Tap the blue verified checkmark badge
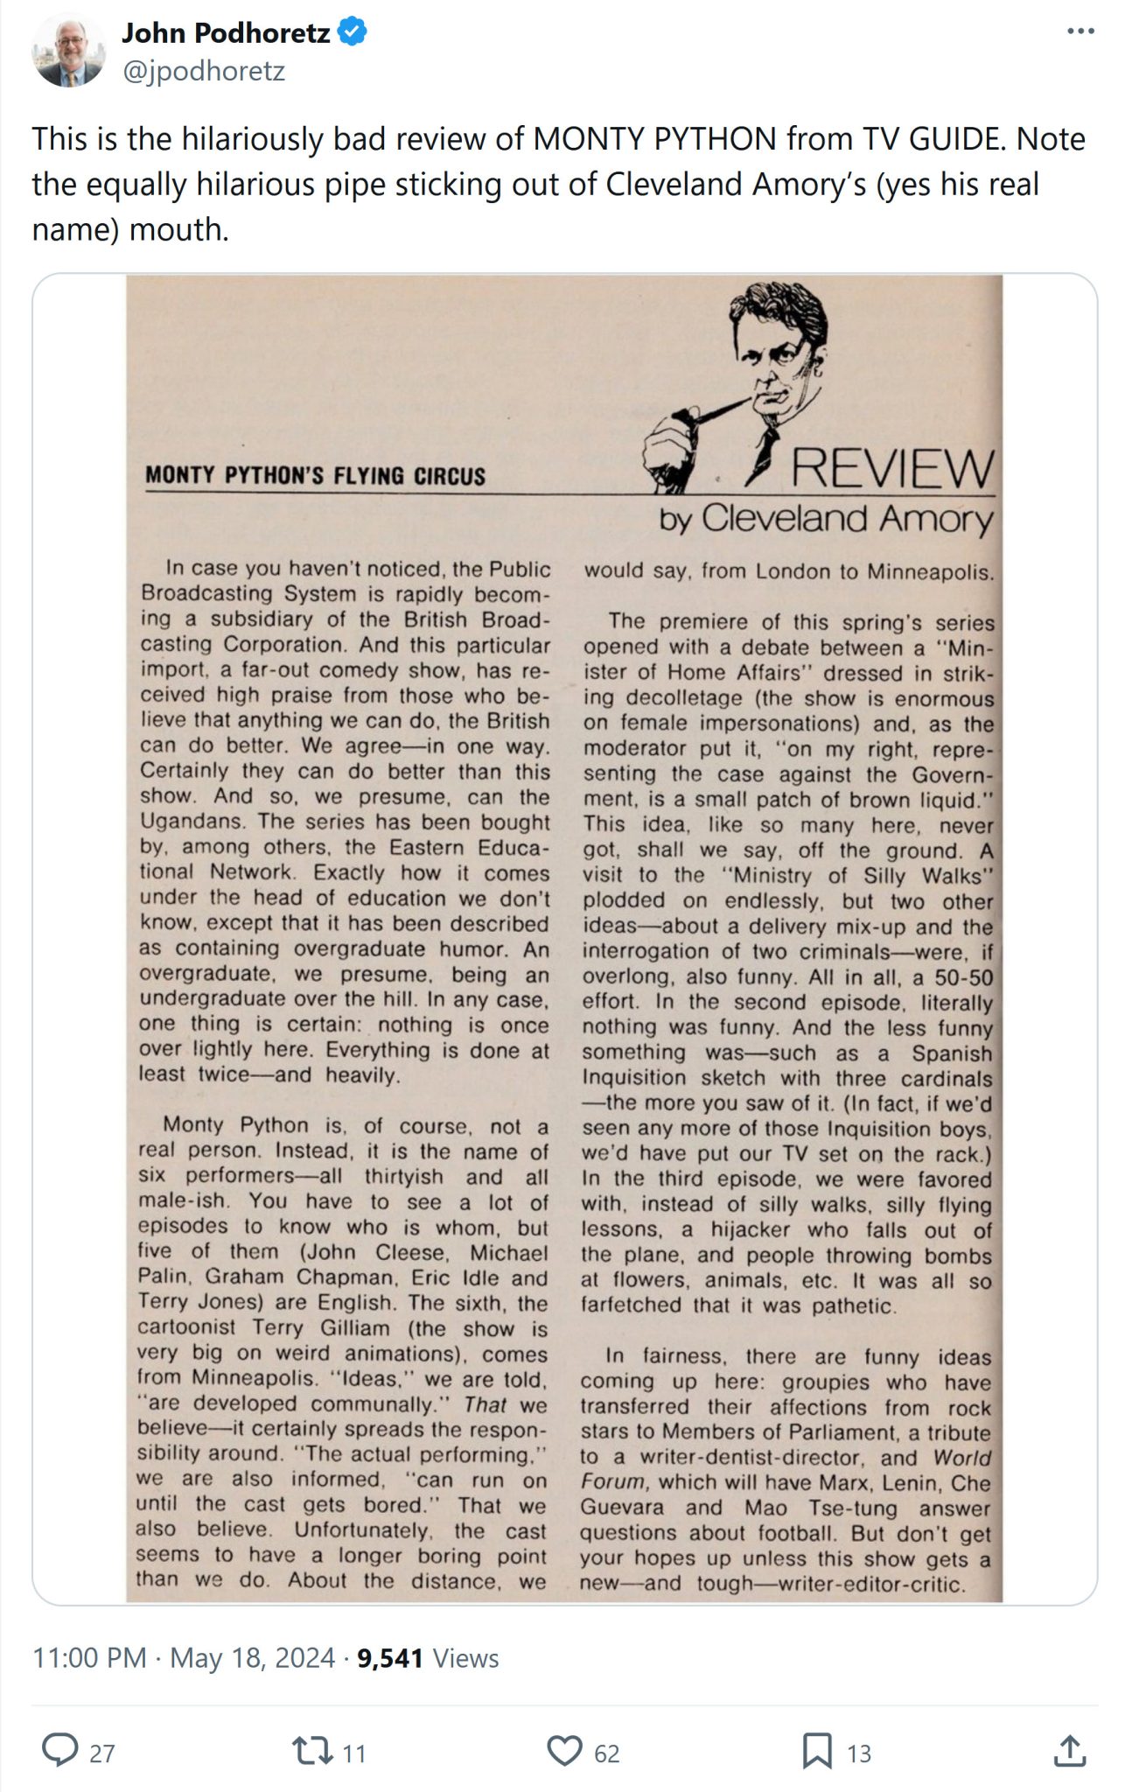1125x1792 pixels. (353, 33)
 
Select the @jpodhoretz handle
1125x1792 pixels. (203, 71)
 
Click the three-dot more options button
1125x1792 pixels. (1080, 32)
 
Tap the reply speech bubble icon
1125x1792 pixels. (60, 1751)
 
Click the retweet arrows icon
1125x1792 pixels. (311, 1751)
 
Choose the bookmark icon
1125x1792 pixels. (817, 1751)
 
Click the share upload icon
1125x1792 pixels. (1068, 1751)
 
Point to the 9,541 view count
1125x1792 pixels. (389, 1657)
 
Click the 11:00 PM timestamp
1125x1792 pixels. (89, 1657)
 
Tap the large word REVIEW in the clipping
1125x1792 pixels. (892, 469)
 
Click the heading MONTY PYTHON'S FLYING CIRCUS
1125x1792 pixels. (315, 476)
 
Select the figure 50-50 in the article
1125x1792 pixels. (964, 976)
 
